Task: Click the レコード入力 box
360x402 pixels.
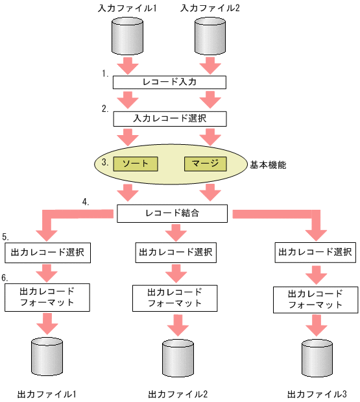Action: tap(170, 82)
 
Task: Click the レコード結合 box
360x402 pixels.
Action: tap(173, 213)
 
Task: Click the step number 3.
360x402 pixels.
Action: tap(104, 159)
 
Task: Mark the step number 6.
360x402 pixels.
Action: tap(5, 277)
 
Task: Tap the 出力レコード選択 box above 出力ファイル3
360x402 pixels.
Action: tap(315, 251)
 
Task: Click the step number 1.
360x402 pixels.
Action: tap(104, 74)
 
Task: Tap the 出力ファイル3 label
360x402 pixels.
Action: tap(317, 394)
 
